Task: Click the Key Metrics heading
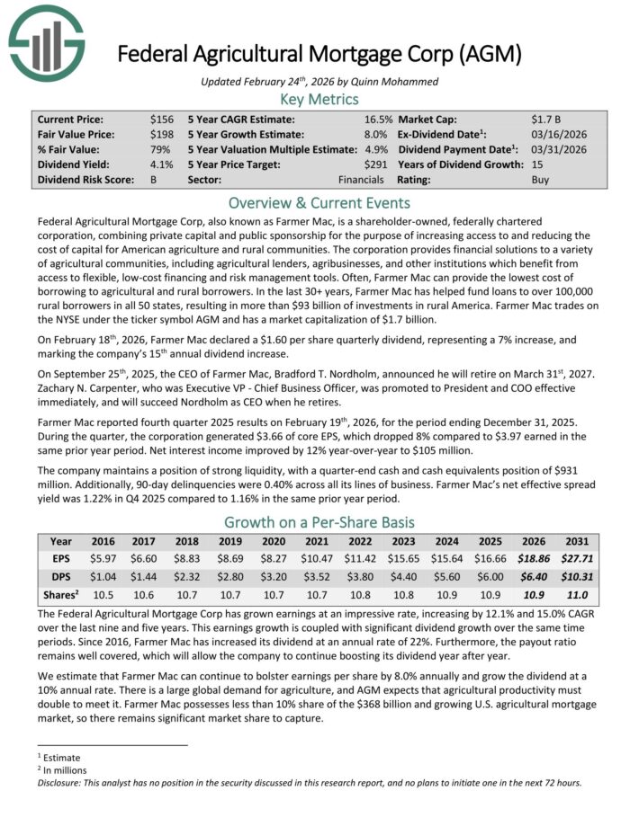click(319, 99)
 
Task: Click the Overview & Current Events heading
click(319, 202)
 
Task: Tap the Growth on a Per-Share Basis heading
click(319, 522)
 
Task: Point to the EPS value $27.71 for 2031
click(578, 558)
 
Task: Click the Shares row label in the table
click(61, 594)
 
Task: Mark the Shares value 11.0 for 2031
click(578, 594)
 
